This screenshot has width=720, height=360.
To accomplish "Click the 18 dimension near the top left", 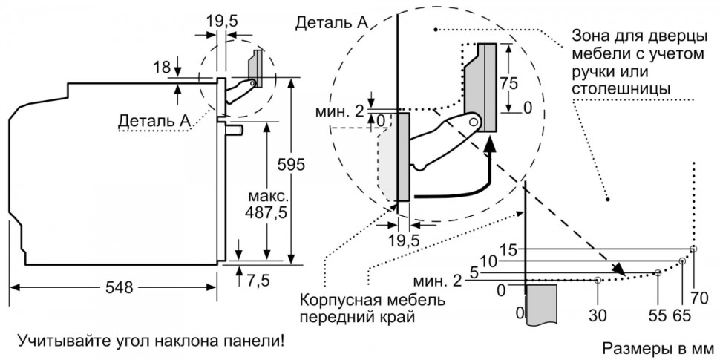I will click(161, 68).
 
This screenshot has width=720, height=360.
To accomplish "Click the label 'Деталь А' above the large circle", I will click(332, 22).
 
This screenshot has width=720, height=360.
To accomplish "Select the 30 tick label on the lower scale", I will click(598, 315).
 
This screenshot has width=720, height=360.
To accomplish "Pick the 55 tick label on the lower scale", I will click(657, 315).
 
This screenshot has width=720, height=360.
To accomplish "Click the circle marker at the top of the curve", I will click(693, 249).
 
